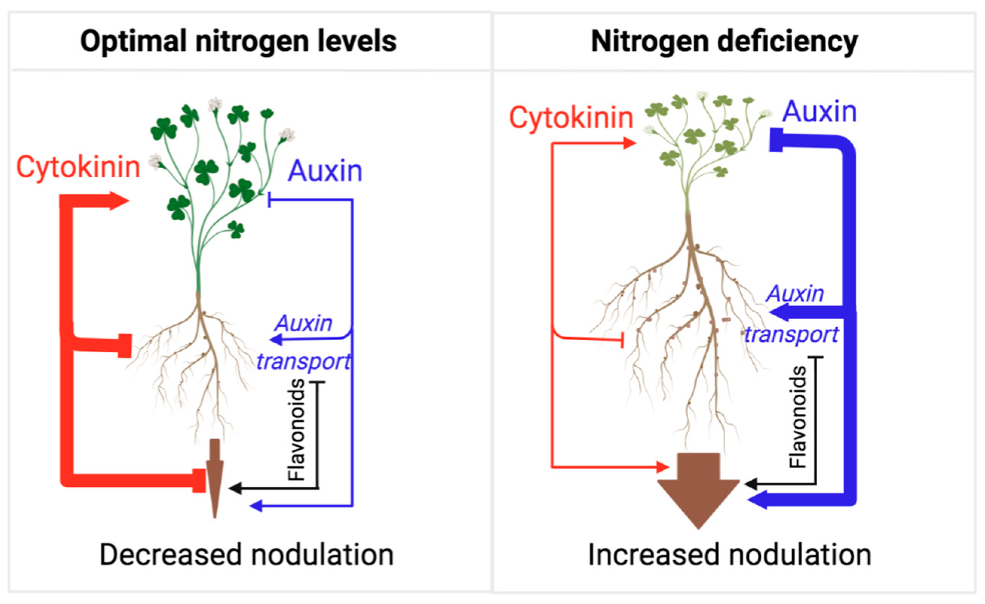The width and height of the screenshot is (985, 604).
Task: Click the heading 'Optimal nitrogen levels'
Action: coord(238,41)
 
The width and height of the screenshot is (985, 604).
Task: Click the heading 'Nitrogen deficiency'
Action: coord(724,41)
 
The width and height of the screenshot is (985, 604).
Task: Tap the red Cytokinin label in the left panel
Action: coord(78,167)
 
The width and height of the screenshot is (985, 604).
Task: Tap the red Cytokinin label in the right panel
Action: coord(571,118)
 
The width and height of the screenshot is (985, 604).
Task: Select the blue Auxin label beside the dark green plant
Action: coord(325,172)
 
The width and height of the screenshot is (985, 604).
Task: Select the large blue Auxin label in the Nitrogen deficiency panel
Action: coord(819,112)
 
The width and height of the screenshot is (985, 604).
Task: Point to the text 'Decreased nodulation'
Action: coord(246,555)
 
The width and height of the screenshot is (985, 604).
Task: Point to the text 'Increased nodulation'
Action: coord(729,555)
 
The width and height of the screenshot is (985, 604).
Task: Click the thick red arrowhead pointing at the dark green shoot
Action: coord(118,201)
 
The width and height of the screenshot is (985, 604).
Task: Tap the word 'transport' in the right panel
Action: coord(791,334)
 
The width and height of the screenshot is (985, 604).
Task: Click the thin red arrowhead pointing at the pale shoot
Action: coord(630,143)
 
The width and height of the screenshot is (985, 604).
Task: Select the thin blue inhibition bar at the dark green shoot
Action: coord(270,200)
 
